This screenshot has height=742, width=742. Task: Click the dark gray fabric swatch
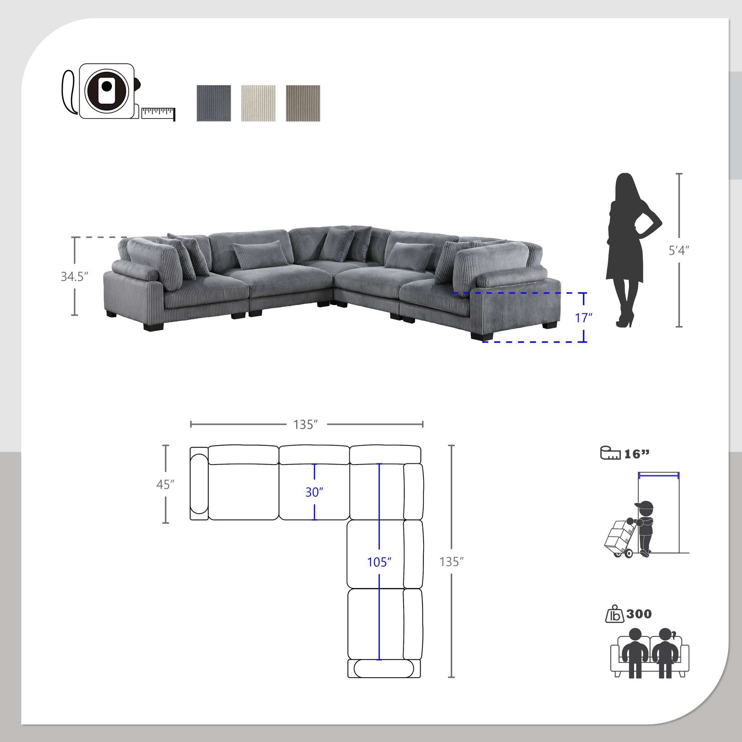coord(214,103)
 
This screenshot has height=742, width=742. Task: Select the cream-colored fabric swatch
coord(258,103)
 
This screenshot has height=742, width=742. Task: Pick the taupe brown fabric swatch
coord(303,103)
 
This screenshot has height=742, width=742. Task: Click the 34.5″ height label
coord(75,276)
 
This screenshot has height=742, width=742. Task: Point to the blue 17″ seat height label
coord(583,318)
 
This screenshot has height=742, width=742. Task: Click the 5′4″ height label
coord(679,250)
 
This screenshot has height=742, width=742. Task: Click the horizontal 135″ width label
coord(306,424)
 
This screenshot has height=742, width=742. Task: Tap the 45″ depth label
coord(165,485)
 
